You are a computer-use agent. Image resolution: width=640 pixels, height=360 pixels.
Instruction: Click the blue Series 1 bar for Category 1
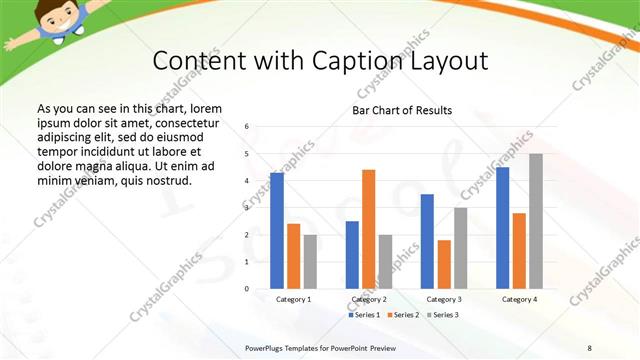(x=277, y=230)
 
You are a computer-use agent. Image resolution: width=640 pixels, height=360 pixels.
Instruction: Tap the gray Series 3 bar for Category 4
(x=536, y=221)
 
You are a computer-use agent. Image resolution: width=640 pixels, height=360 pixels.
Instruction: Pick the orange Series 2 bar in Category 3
(x=444, y=264)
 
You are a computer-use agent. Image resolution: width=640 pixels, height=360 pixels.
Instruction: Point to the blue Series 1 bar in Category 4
(x=502, y=227)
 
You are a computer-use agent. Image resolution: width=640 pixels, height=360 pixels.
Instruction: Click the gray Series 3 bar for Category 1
(x=310, y=261)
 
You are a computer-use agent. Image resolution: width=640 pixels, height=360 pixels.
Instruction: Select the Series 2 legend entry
(x=404, y=316)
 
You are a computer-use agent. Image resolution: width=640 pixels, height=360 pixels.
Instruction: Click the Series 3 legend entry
(x=443, y=316)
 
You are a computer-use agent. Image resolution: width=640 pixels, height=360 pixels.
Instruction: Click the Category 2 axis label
(x=369, y=299)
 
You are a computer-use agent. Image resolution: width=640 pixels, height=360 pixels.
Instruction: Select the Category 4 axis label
(x=519, y=299)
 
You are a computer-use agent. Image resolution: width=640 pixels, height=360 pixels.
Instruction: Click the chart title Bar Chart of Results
(x=402, y=110)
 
